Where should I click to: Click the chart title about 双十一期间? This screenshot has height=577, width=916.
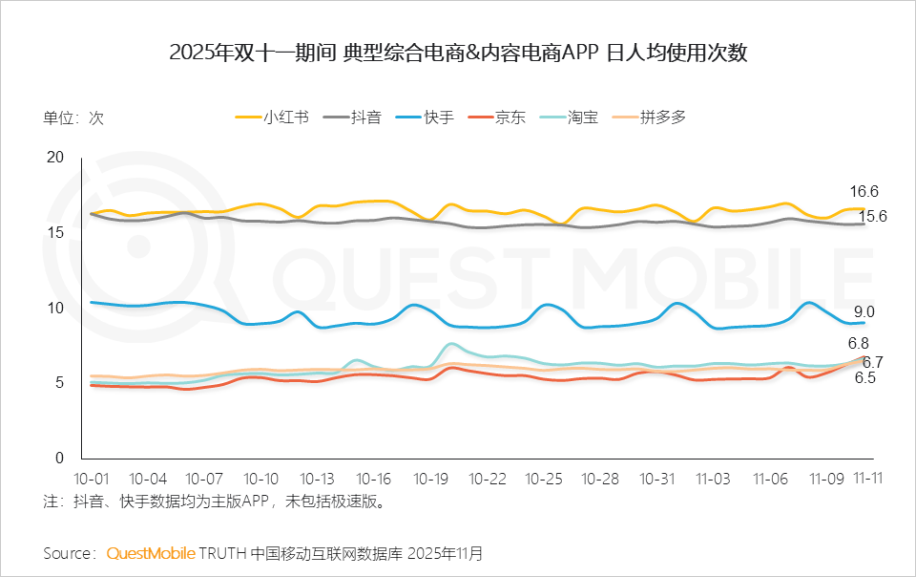[458, 53]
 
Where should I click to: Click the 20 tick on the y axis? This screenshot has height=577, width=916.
[55, 158]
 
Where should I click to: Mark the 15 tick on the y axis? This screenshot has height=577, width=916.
[55, 232]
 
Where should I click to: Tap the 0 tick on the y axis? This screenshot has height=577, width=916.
[59, 458]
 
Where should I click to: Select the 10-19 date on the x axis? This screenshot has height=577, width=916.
[432, 479]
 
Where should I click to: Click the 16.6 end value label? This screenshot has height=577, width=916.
[864, 191]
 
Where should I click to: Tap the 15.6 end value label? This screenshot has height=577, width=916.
[874, 217]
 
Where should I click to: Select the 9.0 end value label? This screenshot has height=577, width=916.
[864, 311]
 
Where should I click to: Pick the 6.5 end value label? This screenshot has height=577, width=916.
[865, 378]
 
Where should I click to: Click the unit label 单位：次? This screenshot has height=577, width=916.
[73, 118]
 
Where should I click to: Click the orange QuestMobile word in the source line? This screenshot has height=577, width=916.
[151, 553]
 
